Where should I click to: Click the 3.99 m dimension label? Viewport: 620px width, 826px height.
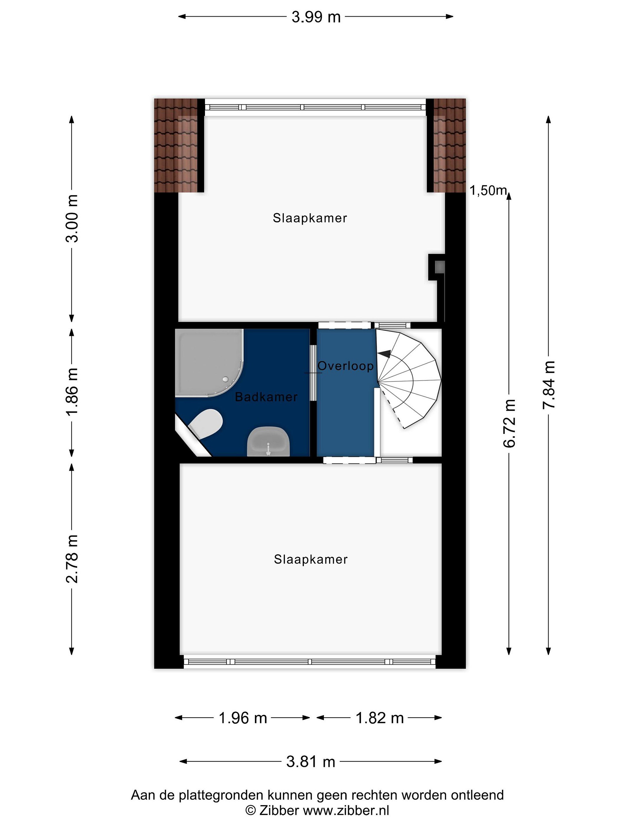pyautogui.click(x=316, y=17)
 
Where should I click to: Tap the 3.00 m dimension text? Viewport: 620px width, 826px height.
pyautogui.click(x=72, y=219)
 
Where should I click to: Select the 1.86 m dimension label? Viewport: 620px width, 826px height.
pyautogui.click(x=72, y=391)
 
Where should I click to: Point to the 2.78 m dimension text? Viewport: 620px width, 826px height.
pyautogui.click(x=72, y=559)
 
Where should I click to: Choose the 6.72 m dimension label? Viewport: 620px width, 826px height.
pyautogui.click(x=509, y=423)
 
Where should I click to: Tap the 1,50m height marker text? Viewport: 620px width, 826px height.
pyautogui.click(x=487, y=191)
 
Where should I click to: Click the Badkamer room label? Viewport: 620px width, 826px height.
pyautogui.click(x=266, y=397)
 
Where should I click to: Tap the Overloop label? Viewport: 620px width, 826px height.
pyautogui.click(x=345, y=366)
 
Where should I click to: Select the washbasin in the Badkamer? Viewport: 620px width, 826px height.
pyautogui.click(x=268, y=442)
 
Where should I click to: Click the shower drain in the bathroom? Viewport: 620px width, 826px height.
pyautogui.click(x=225, y=379)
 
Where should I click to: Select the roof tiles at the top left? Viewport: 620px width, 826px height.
pyautogui.click(x=176, y=145)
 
